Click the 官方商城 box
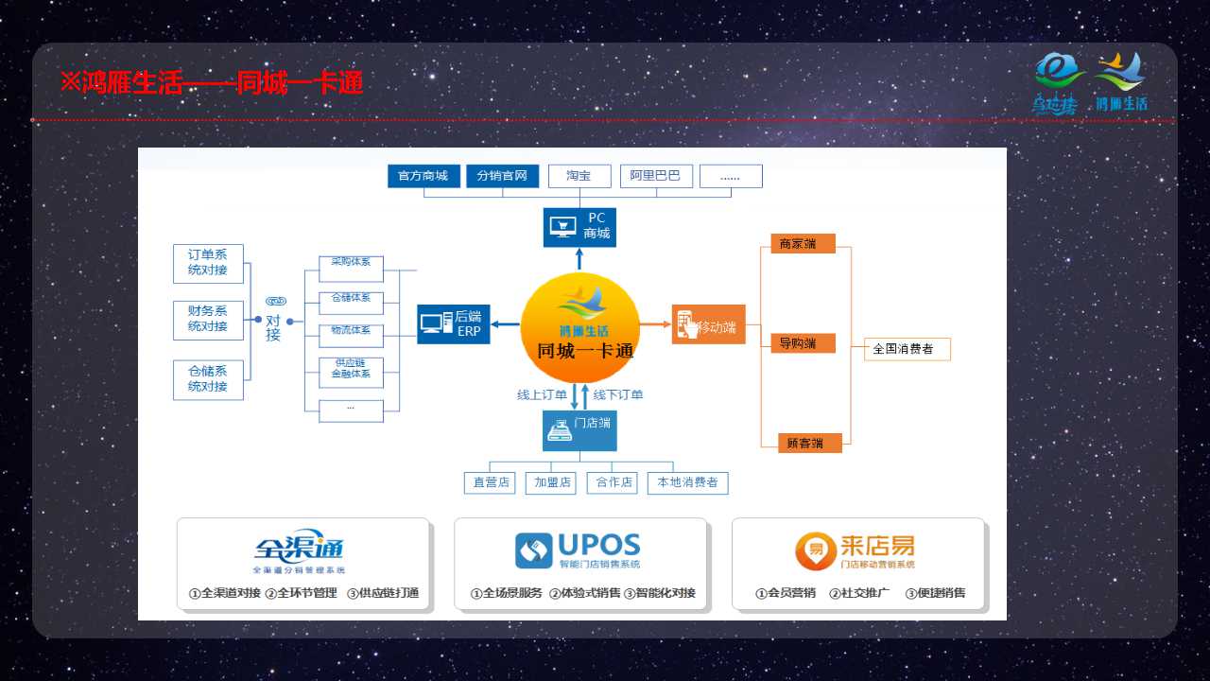(x=423, y=176)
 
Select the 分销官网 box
(x=502, y=176)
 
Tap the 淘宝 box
(x=578, y=176)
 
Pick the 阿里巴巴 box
(x=656, y=176)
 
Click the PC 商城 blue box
(x=579, y=227)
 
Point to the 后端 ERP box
(x=454, y=323)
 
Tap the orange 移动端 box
(x=708, y=325)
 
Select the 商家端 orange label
(x=803, y=244)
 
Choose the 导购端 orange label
(x=803, y=343)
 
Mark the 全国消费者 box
(x=907, y=349)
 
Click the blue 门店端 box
(x=579, y=430)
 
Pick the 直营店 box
(x=492, y=482)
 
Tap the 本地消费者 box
(x=687, y=482)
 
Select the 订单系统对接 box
(x=208, y=263)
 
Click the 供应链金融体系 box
(x=351, y=369)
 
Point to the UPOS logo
(x=579, y=550)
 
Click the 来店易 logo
(x=856, y=550)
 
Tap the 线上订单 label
(x=542, y=394)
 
